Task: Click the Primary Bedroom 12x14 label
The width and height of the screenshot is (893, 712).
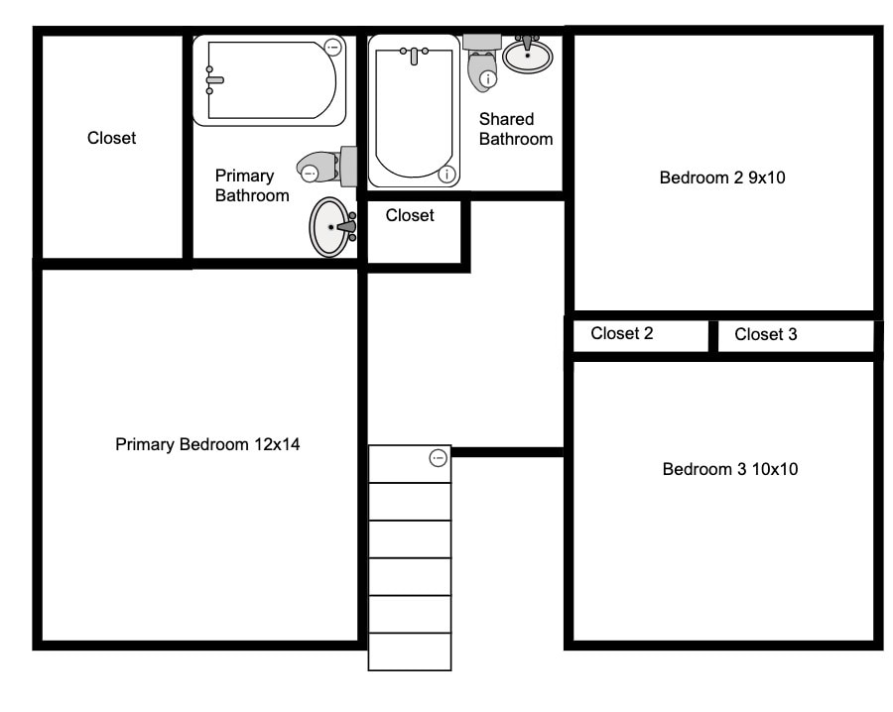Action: tap(207, 444)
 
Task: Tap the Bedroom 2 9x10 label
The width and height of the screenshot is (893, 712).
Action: tap(722, 178)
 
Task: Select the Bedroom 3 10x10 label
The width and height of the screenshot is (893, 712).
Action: tap(729, 469)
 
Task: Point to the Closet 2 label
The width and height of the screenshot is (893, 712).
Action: tap(621, 334)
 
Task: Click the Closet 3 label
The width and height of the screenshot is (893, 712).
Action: tap(765, 335)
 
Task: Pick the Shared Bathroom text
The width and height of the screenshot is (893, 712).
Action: tap(515, 130)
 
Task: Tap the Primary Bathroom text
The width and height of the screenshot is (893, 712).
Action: tap(252, 186)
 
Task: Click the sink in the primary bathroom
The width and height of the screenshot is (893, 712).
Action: tap(330, 227)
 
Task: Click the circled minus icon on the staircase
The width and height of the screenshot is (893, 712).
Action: tap(438, 458)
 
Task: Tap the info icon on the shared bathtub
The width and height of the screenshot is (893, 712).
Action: tap(446, 175)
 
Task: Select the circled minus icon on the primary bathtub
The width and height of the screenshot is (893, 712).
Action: tap(333, 47)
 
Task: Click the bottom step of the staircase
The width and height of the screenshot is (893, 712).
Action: tap(410, 652)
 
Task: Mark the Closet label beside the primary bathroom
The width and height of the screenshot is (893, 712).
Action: tap(111, 139)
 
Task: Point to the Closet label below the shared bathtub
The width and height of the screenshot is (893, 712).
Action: tap(410, 215)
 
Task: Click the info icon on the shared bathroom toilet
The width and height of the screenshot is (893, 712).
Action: tap(486, 77)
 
